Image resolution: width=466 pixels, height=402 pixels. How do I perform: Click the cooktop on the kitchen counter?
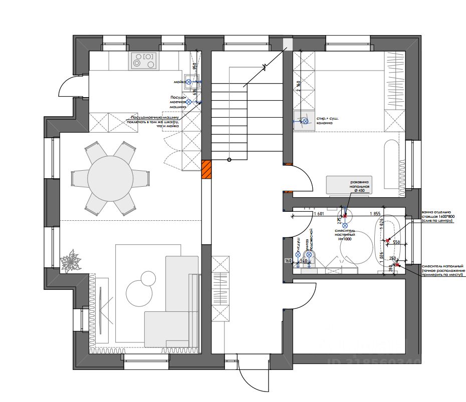tap(143, 61)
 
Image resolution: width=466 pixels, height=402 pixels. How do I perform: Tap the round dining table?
tap(110, 178)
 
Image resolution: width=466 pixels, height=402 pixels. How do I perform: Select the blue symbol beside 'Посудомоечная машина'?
tap(189, 102)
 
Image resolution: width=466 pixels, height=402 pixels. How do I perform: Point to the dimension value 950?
tap(195, 67)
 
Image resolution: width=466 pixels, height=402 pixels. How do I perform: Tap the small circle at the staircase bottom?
tap(229, 160)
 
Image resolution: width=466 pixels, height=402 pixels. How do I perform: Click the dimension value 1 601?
tap(319, 214)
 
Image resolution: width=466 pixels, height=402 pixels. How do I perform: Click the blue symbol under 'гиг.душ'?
tap(298, 255)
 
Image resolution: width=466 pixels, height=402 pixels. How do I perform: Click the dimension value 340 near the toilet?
tap(303, 261)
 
